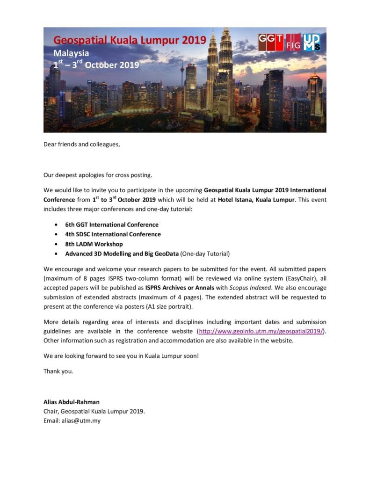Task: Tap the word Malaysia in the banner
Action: [x=71, y=53]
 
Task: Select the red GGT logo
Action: [x=271, y=42]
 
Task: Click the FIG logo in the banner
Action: [x=293, y=43]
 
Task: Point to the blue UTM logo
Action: [x=312, y=43]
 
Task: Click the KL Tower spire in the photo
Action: [x=182, y=70]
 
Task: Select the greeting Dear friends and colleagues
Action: [x=82, y=144]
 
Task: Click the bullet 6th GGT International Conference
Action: [x=112, y=225]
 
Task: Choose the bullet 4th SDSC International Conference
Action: [x=113, y=234]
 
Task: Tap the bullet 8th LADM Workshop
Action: [x=94, y=244]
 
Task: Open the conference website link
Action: [x=261, y=331]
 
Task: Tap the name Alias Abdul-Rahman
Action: [x=73, y=402]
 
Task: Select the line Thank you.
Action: [x=58, y=371]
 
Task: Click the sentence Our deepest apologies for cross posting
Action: [x=98, y=175]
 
